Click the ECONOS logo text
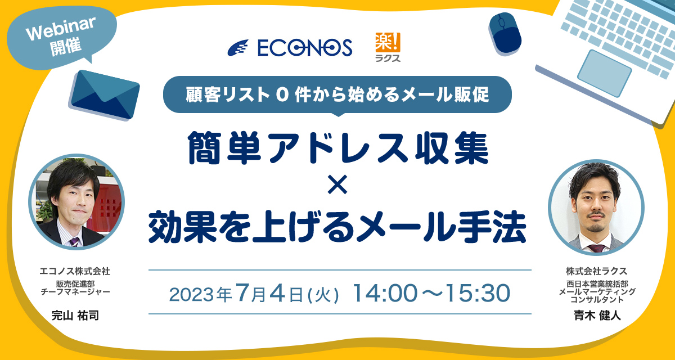[x=305, y=48]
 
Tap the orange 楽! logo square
[x=388, y=42]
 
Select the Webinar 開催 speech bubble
[x=62, y=37]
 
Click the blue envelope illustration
[x=104, y=94]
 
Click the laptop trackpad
[x=605, y=73]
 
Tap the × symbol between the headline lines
[x=337, y=184]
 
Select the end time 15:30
[x=478, y=293]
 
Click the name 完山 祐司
[x=75, y=316]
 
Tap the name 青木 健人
[x=597, y=316]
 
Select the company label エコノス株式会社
[x=75, y=271]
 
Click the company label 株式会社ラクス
[x=597, y=271]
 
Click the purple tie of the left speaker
[x=74, y=242]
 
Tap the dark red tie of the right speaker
[x=596, y=248]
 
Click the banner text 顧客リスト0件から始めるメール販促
[x=337, y=94]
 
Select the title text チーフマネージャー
[x=75, y=291]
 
